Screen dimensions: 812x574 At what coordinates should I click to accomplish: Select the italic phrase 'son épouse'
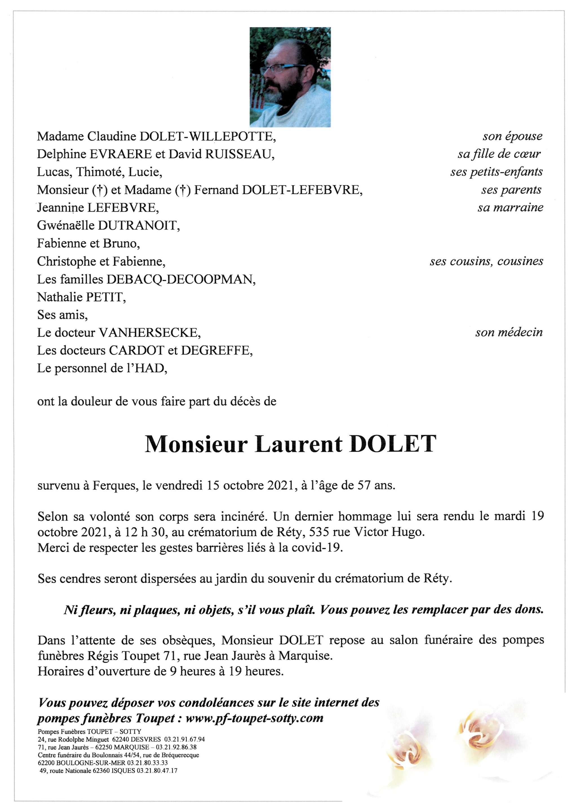coord(512,136)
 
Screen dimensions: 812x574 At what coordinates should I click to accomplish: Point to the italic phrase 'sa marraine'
coord(510,208)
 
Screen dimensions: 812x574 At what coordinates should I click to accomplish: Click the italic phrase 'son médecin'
coord(509,332)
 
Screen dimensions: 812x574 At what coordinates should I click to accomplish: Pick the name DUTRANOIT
coord(139,226)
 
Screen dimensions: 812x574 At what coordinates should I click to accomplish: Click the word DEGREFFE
coord(216,350)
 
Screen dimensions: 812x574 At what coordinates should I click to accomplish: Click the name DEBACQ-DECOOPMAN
coord(181,279)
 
